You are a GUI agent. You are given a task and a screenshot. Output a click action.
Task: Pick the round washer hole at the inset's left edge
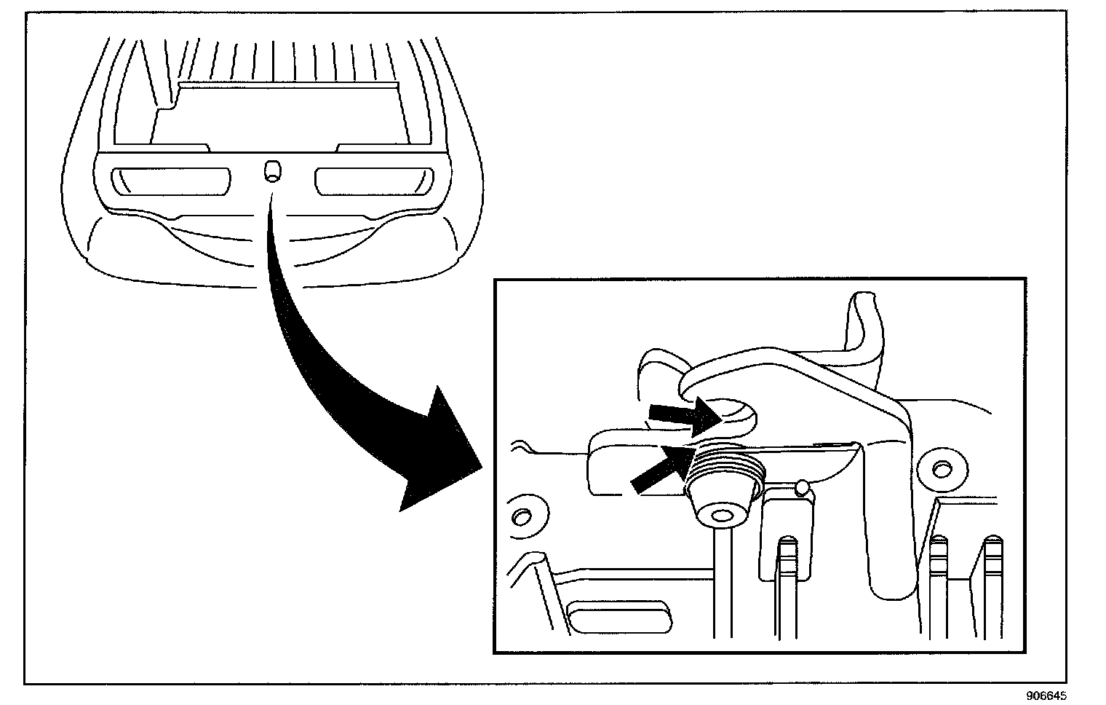[521, 516]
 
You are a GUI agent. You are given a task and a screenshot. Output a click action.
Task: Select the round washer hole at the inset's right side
[941, 466]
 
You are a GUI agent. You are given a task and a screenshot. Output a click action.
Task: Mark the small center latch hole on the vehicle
[272, 172]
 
